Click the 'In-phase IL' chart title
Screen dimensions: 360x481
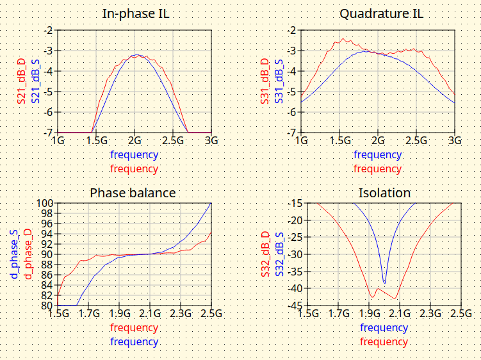tap(134, 14)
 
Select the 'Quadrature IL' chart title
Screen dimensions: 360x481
tap(377, 14)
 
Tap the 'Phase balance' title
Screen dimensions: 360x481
tap(133, 192)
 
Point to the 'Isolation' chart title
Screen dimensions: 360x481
tap(384, 192)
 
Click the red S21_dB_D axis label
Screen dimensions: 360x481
tap(21, 81)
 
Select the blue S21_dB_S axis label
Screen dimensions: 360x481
tap(36, 81)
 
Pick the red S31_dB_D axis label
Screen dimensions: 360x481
tap(264, 81)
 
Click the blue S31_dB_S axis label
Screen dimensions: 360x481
tap(279, 81)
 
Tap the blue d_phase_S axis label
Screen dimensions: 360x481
tap(13, 254)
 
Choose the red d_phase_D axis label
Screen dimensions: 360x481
tap(28, 254)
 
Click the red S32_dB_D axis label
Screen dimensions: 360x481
tap(264, 254)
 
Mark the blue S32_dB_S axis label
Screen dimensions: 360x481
tap(279, 254)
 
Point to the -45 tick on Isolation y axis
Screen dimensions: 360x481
tap(294, 306)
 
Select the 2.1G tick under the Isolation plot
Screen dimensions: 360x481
tap(400, 314)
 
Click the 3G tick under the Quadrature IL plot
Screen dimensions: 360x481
tap(455, 140)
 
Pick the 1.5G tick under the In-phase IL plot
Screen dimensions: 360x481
tap(96, 140)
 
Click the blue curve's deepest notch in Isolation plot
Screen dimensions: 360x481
tap(384, 282)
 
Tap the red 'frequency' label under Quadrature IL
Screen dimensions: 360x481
tap(377, 169)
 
